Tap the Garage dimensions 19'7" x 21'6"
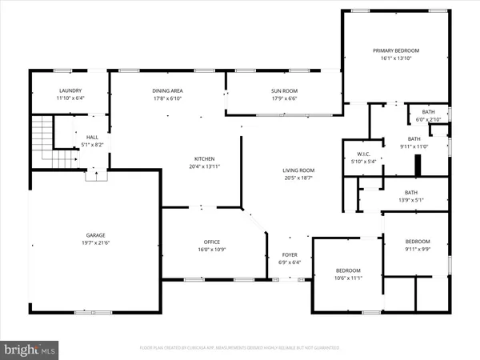pos(96,242)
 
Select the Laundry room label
pos(70,90)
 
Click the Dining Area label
pos(167,90)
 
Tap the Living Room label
pos(298,170)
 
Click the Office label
pos(212,242)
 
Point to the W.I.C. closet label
pos(356,153)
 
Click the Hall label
pos(93,137)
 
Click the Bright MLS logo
pos(30,350)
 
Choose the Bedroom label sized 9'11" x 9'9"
pos(417,242)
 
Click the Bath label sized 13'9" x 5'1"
pos(411,192)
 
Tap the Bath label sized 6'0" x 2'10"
pos(429,112)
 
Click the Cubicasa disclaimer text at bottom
pos(239,349)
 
